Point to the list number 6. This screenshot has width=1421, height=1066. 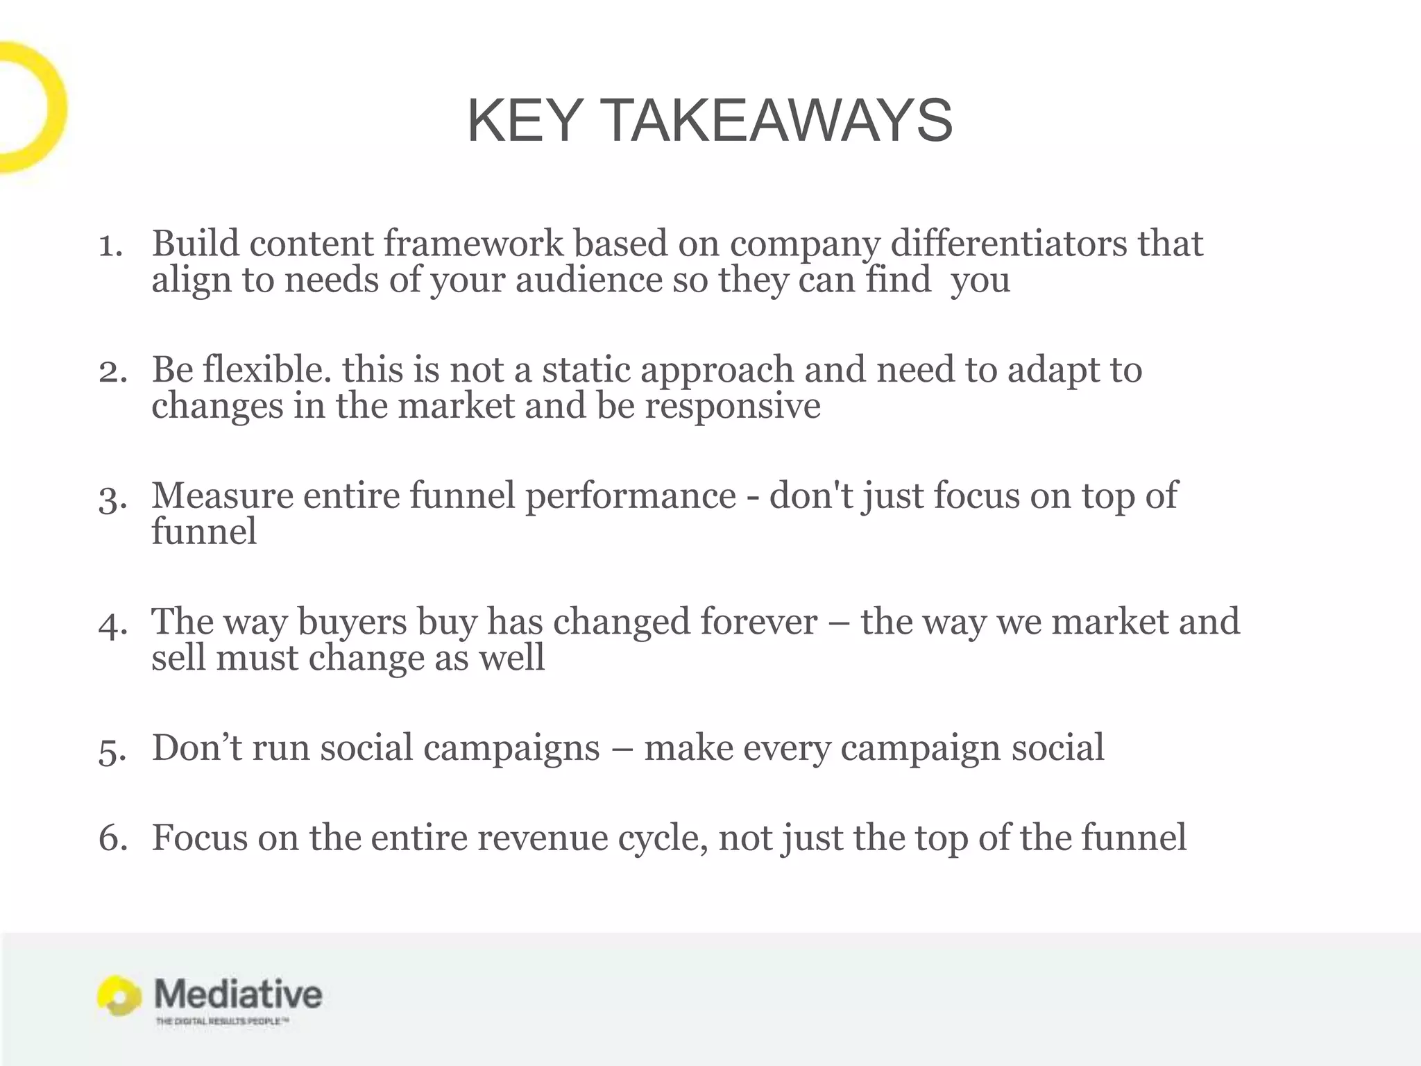(112, 838)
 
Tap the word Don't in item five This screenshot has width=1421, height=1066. (197, 748)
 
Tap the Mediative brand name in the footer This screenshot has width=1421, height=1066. (238, 995)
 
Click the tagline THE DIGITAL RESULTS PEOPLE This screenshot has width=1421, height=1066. (221, 1022)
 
